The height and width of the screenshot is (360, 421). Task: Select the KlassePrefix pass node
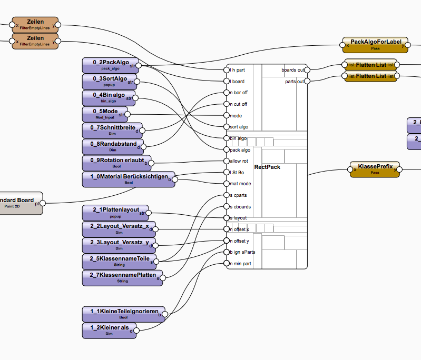(375, 169)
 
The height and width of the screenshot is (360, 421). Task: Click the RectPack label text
(267, 167)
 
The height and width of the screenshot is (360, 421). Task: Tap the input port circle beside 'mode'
(226, 115)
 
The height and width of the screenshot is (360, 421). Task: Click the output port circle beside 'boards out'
(307, 69)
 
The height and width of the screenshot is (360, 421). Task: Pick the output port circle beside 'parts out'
(307, 81)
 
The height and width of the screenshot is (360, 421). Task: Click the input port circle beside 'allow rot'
(226, 161)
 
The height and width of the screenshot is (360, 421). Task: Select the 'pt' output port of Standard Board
(43, 203)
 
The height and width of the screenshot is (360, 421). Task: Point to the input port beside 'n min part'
(226, 263)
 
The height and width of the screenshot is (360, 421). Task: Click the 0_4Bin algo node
(109, 98)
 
